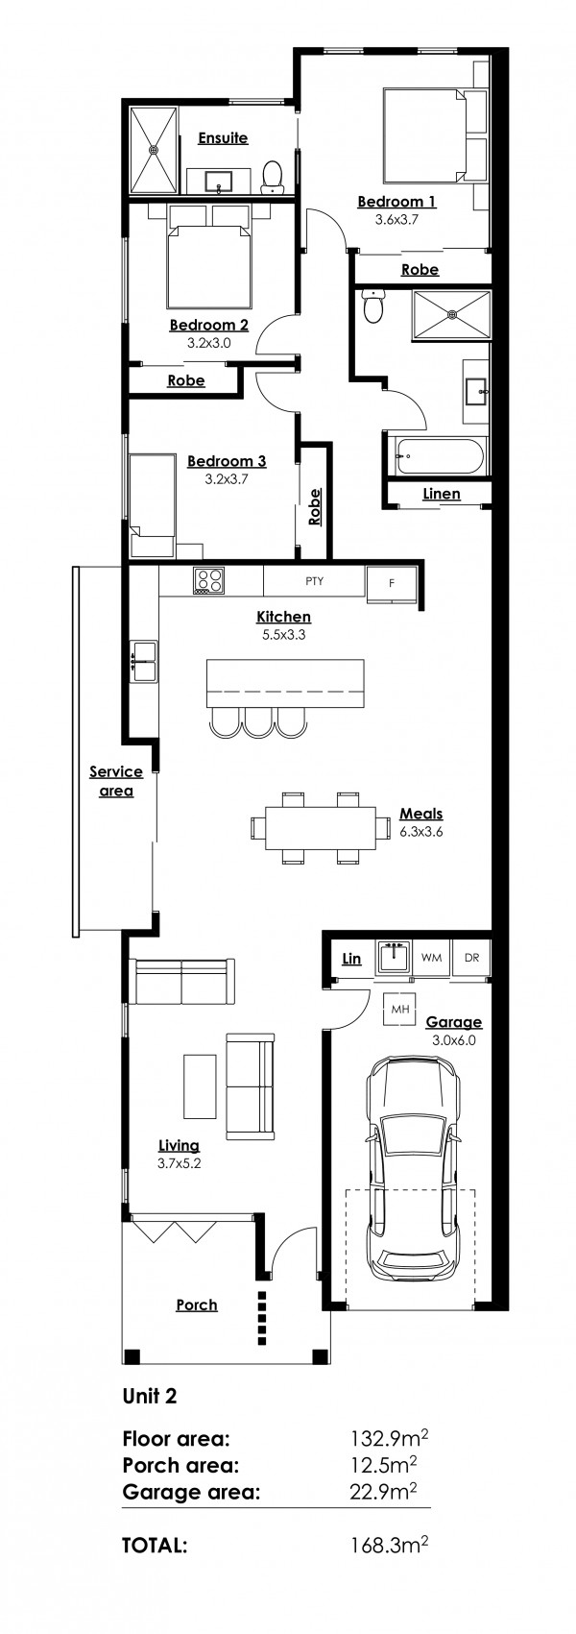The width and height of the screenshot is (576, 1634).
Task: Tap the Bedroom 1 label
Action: [x=396, y=202]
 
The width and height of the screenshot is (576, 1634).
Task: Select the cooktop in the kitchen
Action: [x=209, y=580]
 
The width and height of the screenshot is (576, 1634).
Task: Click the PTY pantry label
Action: [x=314, y=580]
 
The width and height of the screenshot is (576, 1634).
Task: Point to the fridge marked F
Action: [x=391, y=582]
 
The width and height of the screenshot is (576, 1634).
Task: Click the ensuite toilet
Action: [x=273, y=176]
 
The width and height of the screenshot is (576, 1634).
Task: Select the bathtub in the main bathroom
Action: [x=438, y=454]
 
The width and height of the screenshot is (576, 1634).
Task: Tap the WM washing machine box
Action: [x=432, y=958]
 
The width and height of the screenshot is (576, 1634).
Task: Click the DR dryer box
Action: [x=471, y=958]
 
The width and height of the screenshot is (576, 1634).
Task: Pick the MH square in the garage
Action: [x=397, y=1010]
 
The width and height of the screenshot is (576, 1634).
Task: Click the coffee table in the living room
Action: [x=201, y=1086]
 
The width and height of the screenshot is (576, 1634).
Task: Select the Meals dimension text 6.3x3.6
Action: [x=420, y=831]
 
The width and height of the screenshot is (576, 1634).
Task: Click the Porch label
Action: [x=197, y=1305]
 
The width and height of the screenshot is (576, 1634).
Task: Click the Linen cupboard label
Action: [x=442, y=494]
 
